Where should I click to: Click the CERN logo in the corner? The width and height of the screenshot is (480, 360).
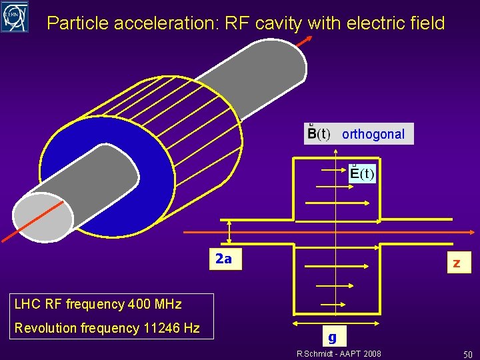point(15,17)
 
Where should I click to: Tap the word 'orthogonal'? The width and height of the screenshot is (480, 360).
point(373,134)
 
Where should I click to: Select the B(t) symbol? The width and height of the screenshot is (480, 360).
point(317,133)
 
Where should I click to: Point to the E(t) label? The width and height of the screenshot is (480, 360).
point(363,174)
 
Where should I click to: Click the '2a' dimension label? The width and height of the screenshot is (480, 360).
point(223,259)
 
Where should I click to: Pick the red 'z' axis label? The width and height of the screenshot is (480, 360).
point(457,263)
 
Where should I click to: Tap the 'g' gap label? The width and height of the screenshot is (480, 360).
point(332,336)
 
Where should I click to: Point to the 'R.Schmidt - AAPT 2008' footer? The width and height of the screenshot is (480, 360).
point(339,353)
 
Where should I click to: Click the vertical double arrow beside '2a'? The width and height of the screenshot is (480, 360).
point(229,232)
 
